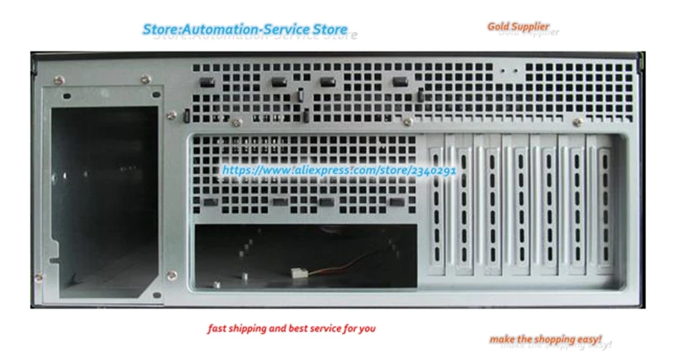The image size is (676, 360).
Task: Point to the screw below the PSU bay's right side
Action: pos(172,273)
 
